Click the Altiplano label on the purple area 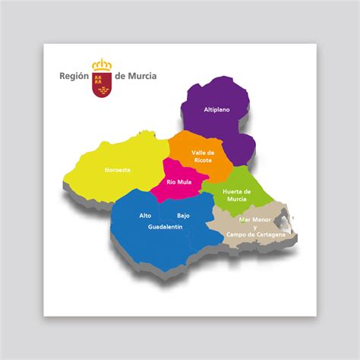(216, 110)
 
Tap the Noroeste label (118, 169)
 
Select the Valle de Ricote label (203, 156)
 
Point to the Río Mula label (178, 182)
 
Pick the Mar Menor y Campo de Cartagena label (255, 227)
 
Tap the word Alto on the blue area (145, 216)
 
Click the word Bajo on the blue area (183, 216)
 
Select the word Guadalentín (166, 227)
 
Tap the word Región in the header (74, 76)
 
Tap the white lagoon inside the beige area (283, 223)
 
